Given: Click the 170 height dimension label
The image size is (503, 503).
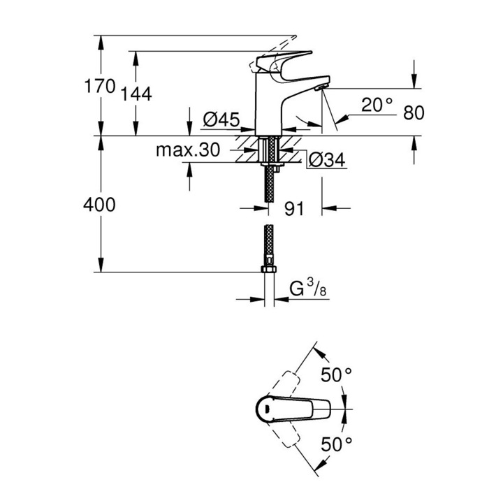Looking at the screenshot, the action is pos(100,87).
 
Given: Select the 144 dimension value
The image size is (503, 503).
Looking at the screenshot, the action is pos(136,94).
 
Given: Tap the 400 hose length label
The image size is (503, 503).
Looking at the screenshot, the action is pos(99,205).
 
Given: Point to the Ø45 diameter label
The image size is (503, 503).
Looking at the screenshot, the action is pos(221,119).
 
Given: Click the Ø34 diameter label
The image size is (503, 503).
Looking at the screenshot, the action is pos(327,159).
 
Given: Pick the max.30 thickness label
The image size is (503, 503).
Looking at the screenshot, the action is pos(188,150).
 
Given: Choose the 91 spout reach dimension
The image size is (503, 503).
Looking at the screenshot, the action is pos(294,209).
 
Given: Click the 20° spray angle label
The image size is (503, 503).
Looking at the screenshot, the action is pos(377,105).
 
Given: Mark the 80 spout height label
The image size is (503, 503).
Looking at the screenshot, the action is pos(414,112).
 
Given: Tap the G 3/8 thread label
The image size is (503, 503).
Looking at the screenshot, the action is pos(308,288).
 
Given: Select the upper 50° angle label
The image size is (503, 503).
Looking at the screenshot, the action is pos(337,374).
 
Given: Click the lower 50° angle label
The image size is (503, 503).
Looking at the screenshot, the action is pos(337,444).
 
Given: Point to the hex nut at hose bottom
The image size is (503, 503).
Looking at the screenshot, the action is pos(268,269).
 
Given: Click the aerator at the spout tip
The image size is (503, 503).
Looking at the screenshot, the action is pos(321,87).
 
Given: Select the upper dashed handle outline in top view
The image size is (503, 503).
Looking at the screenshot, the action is pos(284,385).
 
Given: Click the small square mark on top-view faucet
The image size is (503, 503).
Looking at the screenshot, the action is pos(266,409).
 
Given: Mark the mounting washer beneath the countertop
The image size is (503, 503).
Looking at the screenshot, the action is pos(272,164).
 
